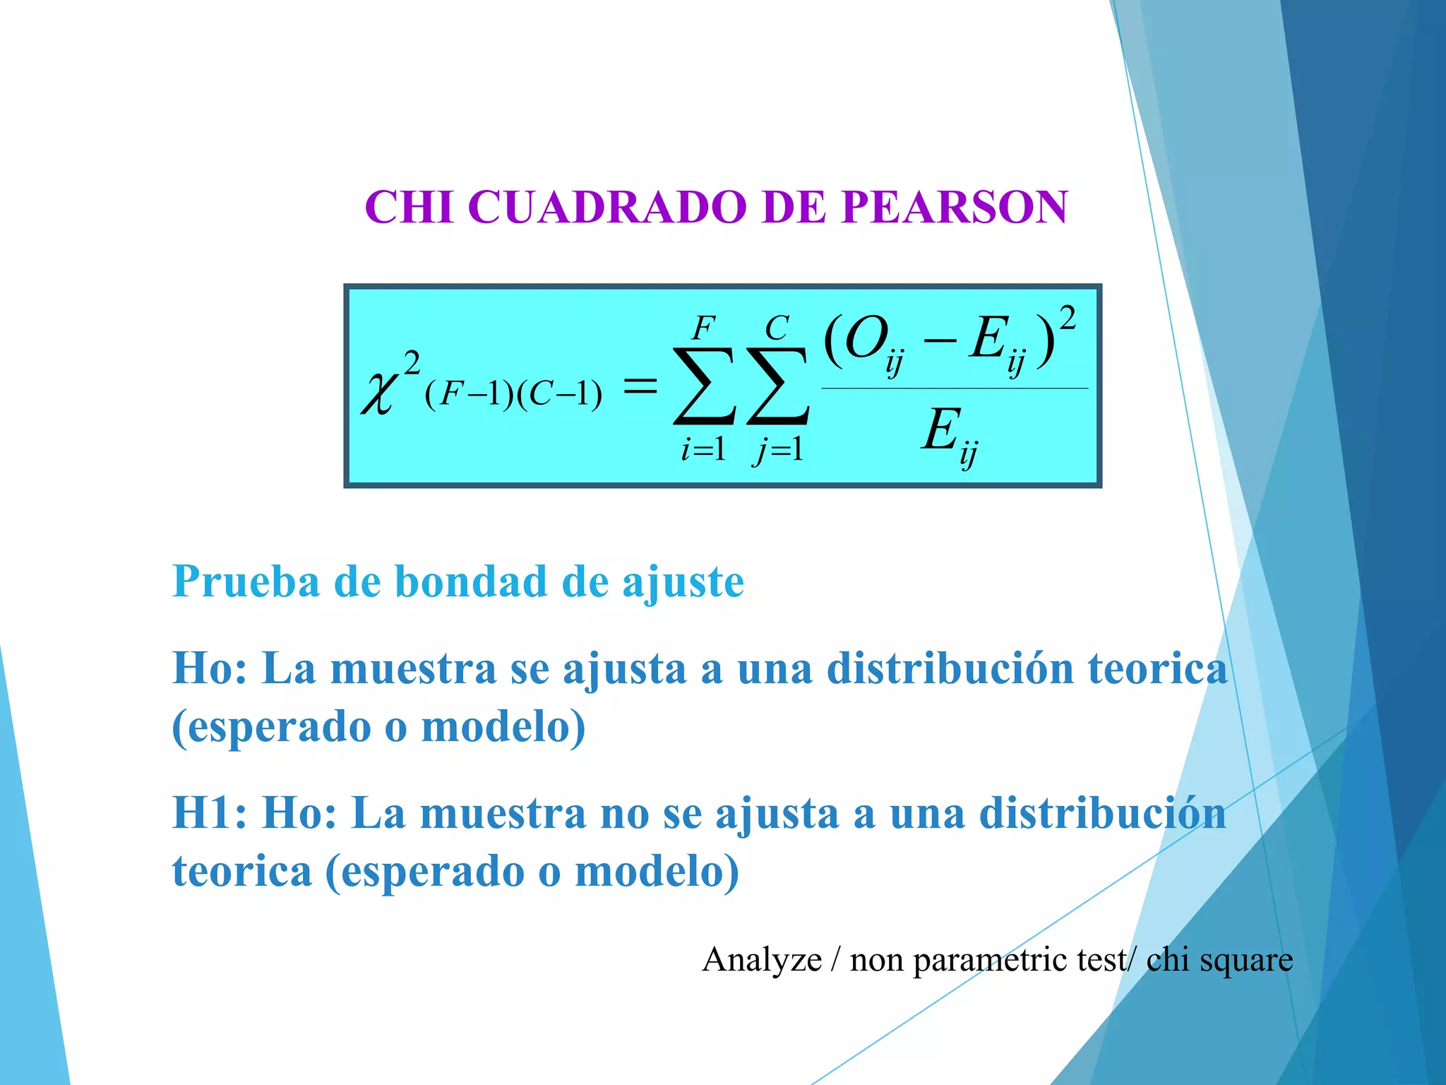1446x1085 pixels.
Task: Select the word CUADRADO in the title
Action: tap(607, 208)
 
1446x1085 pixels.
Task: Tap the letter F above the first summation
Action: tap(703, 328)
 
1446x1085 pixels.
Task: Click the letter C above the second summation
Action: tap(777, 328)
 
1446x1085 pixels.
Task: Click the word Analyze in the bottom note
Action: tap(762, 960)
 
